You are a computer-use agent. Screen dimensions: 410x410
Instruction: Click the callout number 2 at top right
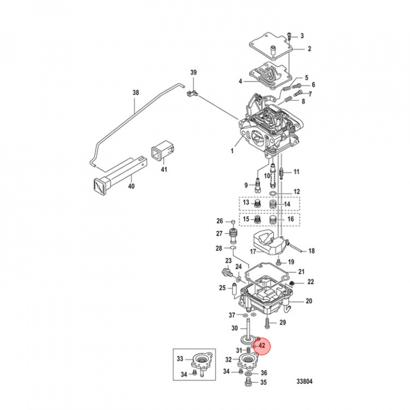click(x=310, y=49)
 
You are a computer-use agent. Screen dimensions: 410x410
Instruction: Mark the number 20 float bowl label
click(x=309, y=301)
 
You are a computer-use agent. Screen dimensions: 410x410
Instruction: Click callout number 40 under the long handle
click(x=130, y=186)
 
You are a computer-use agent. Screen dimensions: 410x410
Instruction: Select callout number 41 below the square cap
click(x=163, y=170)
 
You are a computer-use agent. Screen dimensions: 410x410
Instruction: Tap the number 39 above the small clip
click(x=193, y=72)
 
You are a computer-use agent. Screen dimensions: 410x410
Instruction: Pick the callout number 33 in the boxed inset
click(x=180, y=359)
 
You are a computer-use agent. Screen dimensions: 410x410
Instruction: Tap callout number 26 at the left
click(x=219, y=221)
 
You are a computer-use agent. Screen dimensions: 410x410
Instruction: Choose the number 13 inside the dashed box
click(x=247, y=203)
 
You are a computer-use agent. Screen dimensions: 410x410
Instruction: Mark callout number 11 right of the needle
click(x=296, y=172)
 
